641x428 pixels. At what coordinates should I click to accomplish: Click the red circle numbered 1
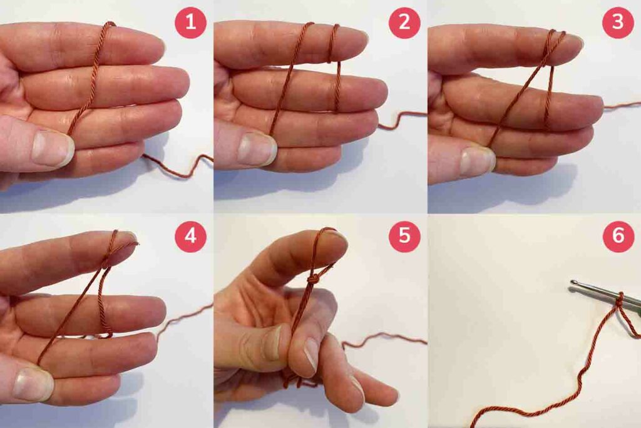[x=190, y=23]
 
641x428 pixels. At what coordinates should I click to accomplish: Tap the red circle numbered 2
[x=404, y=23]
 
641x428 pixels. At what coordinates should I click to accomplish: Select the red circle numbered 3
[x=618, y=23]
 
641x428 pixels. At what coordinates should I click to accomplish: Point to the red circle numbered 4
[x=190, y=237]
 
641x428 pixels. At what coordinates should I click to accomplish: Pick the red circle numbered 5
[x=404, y=237]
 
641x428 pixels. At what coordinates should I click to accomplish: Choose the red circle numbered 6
[x=618, y=237]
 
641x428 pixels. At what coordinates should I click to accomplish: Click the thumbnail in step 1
[x=53, y=148]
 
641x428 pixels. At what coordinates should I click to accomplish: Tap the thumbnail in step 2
[x=257, y=148]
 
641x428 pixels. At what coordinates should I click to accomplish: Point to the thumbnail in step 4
[x=34, y=384]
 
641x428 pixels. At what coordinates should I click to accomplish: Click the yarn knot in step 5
[x=313, y=280]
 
